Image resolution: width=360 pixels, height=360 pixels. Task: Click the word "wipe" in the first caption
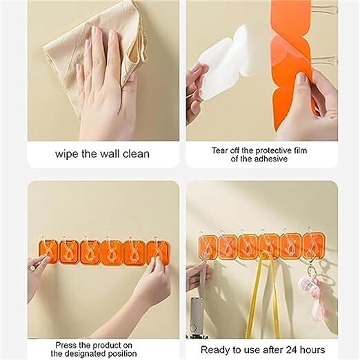pyautogui.click(x=66, y=153)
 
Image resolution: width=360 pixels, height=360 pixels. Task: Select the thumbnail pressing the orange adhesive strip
pyautogui.click(x=302, y=81)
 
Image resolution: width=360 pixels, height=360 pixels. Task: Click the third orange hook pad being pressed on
pyautogui.click(x=91, y=252)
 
